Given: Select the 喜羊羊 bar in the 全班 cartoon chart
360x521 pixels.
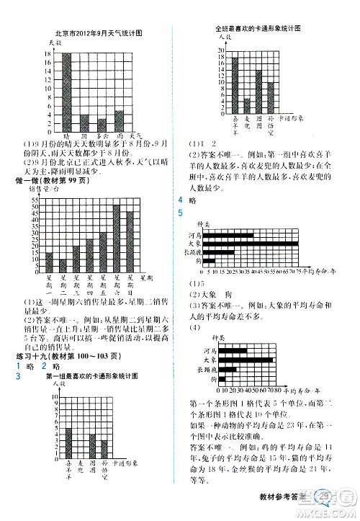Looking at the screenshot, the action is pos(235,81).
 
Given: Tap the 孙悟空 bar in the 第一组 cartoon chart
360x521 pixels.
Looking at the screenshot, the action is pos(104,451).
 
